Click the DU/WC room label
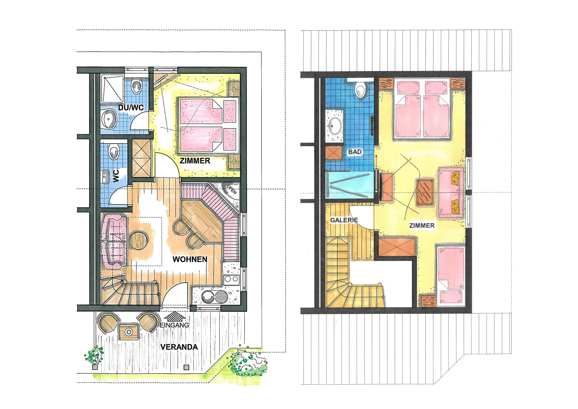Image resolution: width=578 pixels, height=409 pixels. (131, 108)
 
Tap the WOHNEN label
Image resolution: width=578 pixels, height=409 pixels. (190, 259)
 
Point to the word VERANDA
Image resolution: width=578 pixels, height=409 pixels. (179, 347)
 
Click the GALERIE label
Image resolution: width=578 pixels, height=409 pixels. (344, 220)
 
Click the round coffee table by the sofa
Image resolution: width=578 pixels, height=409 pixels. (139, 240)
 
